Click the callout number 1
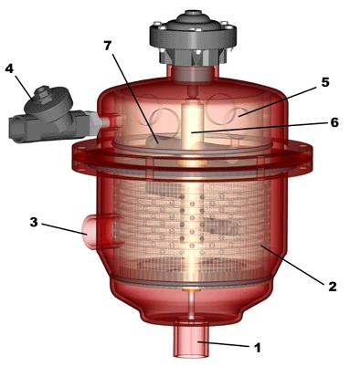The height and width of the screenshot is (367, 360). click(258, 347)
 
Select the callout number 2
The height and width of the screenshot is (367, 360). click(332, 286)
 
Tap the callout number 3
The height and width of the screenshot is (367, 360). click(34, 222)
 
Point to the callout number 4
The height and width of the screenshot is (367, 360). click(9, 68)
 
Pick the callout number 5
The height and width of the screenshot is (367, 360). click(325, 82)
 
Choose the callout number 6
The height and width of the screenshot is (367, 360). click(334, 122)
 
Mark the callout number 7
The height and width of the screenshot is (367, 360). click(108, 46)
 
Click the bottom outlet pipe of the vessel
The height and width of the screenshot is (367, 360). click(192, 338)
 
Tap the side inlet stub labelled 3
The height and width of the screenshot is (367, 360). click(93, 231)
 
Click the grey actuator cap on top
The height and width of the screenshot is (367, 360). click(193, 37)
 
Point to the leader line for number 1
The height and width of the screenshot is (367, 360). click(224, 344)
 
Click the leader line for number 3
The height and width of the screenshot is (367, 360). click(64, 229)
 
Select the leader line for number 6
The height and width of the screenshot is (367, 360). click(259, 128)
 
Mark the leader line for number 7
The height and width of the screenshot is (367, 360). click(135, 99)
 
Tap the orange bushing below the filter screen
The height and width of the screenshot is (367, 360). click(191, 290)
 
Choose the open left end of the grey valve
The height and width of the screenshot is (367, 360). click(16, 129)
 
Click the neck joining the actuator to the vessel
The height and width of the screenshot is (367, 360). click(192, 73)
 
